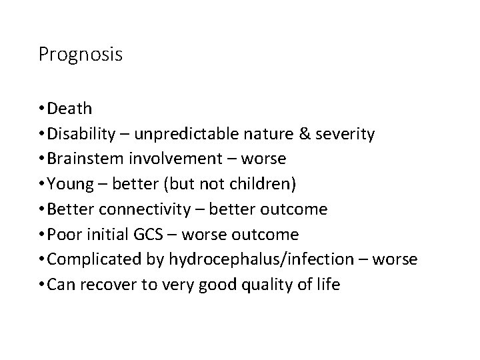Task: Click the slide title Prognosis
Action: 80,55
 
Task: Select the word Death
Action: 71,108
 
